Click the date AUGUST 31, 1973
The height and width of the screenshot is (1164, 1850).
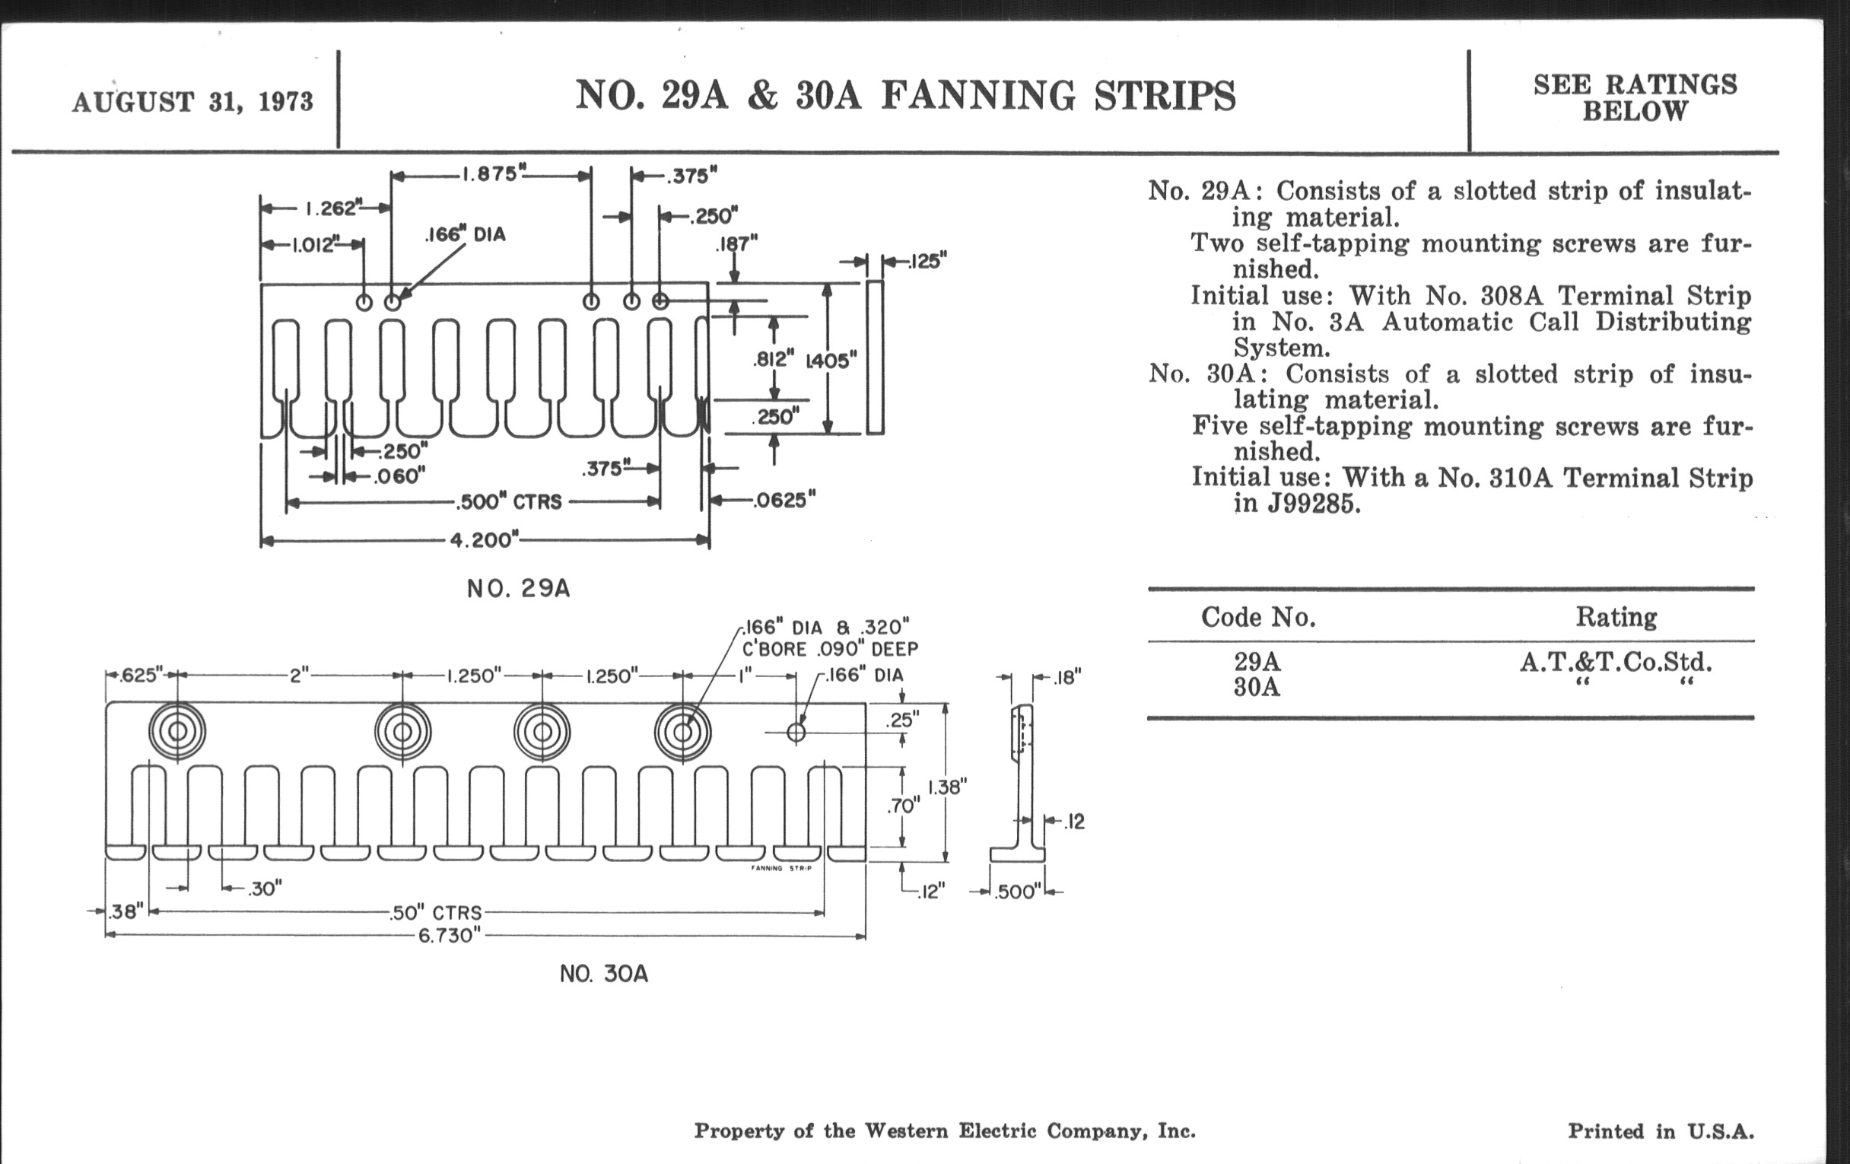(x=193, y=101)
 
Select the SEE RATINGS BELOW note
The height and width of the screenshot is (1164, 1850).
(x=1635, y=97)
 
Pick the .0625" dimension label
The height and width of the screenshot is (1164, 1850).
(x=784, y=501)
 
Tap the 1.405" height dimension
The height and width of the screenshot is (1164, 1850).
(x=831, y=361)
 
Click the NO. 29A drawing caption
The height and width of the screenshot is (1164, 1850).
(x=519, y=589)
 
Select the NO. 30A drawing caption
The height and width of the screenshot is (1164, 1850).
(x=604, y=975)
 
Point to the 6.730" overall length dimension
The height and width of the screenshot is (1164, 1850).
(x=450, y=936)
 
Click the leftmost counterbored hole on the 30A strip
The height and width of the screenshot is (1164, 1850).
(x=177, y=731)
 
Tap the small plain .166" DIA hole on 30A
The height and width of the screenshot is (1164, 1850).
(x=796, y=732)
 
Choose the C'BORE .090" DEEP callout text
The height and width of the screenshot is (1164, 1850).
(x=830, y=649)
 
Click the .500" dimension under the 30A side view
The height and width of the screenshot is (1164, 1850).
(x=1016, y=892)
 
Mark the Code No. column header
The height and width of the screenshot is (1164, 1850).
(x=1257, y=617)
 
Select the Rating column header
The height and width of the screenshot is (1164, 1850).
(x=1616, y=617)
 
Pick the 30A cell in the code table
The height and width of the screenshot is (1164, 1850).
(x=1257, y=687)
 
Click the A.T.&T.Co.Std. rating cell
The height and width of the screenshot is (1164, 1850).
(x=1616, y=662)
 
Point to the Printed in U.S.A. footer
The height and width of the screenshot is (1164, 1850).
(x=1661, y=1131)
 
